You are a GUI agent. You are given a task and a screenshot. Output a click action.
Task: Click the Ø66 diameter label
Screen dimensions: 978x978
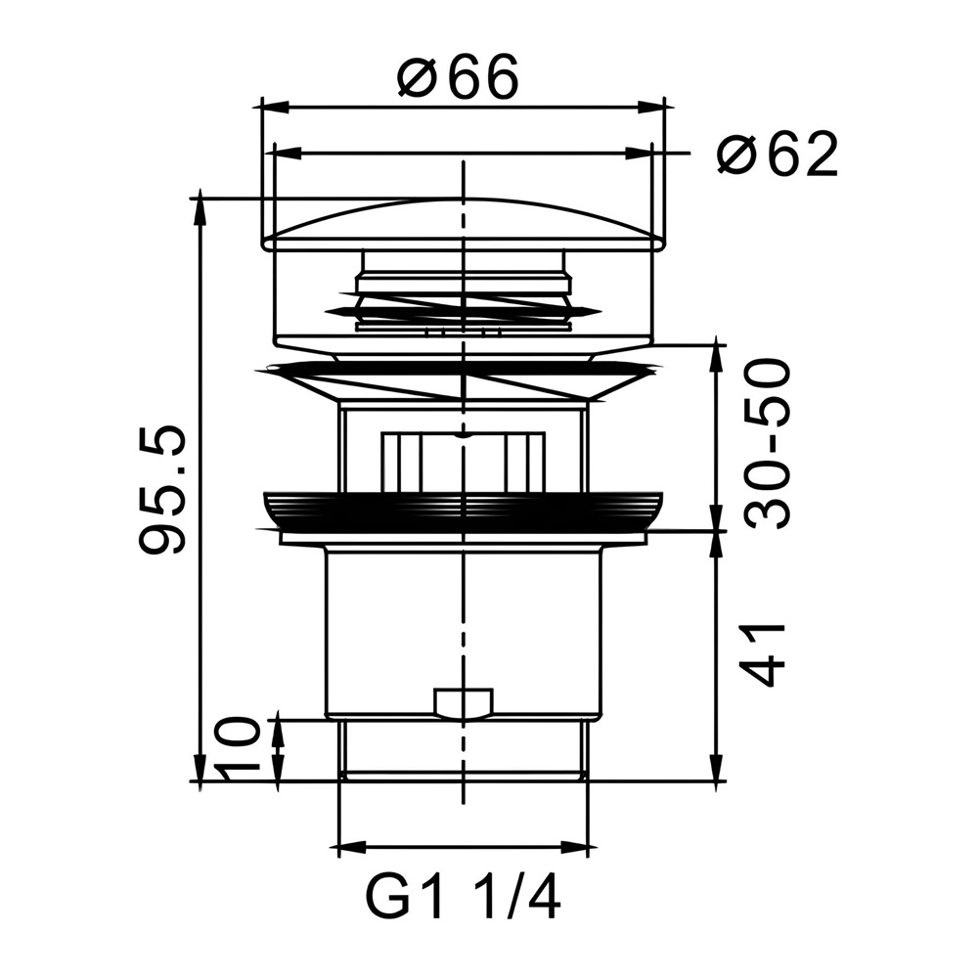[458, 76]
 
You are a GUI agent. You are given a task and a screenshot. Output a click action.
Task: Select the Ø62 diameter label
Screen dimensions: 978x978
[778, 154]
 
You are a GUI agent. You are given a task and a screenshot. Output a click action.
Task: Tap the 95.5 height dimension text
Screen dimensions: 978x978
[162, 490]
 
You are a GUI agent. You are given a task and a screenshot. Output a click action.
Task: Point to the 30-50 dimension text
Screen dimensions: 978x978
[767, 443]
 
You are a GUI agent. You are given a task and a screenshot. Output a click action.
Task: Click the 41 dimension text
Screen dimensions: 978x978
[761, 655]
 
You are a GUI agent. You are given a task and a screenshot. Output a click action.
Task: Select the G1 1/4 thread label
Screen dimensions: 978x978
[463, 897]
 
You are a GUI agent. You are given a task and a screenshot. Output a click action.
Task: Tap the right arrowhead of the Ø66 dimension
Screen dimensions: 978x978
[650, 107]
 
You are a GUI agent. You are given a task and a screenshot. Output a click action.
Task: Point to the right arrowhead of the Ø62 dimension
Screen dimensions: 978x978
[639, 153]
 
